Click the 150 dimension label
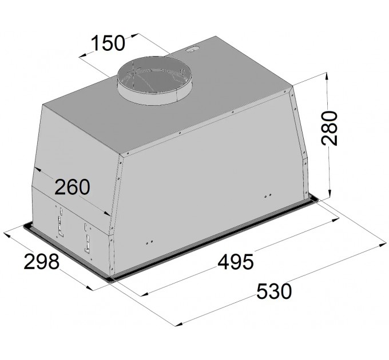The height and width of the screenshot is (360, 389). click(108, 43)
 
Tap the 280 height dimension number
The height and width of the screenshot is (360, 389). click(330, 128)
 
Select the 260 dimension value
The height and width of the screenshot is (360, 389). click(72, 186)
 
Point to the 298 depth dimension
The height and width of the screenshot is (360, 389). click(42, 261)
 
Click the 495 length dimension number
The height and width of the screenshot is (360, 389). click(236, 262)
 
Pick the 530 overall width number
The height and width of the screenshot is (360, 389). click(274, 291)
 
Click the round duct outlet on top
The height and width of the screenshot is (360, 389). click(154, 81)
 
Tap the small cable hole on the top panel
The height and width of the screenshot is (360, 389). click(193, 49)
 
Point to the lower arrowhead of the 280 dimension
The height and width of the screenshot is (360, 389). click(330, 194)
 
